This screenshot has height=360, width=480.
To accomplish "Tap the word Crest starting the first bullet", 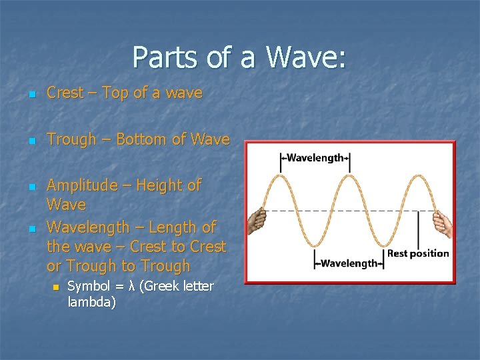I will coord(65,93).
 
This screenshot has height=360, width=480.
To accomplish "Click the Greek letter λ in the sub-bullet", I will coord(133,287).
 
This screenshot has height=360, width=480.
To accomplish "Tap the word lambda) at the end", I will coord(92,303).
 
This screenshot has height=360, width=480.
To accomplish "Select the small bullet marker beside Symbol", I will coord(56,287).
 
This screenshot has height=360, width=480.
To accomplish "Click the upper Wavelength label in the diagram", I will coord(314,158).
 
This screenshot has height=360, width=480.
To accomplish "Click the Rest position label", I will coord(418,253).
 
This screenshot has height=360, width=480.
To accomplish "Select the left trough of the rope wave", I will coord(315,245).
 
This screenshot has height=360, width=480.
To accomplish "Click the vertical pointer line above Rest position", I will coord(418,230).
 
